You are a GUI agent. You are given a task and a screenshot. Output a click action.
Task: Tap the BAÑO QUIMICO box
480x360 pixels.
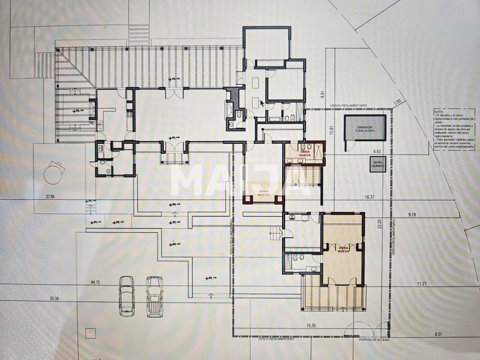point(377,165)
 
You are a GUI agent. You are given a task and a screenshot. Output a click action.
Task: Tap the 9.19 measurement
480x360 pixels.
point(412,214)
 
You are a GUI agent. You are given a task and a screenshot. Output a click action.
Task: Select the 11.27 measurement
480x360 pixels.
point(422,284)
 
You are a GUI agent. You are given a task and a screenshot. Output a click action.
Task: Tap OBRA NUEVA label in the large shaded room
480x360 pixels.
point(343,249)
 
